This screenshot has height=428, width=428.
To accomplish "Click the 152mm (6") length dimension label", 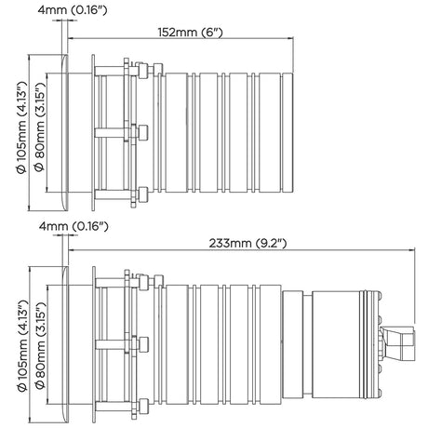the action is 191,32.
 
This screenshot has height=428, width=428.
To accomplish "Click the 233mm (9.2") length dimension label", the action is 247,243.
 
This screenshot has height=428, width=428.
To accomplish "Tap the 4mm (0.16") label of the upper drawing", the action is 73,10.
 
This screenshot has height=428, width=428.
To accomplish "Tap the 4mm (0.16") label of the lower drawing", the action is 74,226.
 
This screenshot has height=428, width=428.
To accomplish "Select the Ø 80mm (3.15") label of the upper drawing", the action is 40,127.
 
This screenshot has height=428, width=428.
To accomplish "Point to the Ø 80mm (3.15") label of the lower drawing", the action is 40,345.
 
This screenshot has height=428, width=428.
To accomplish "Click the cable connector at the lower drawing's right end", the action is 398,342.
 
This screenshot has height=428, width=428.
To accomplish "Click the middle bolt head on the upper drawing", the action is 143,133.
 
